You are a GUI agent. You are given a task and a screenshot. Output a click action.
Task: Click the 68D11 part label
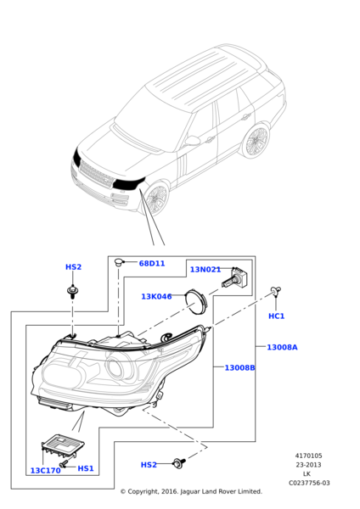(x=152, y=263)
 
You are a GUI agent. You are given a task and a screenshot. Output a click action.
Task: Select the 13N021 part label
(x=205, y=270)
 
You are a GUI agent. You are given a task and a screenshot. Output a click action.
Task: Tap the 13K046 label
(x=156, y=296)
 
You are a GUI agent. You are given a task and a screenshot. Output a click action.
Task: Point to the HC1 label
(x=276, y=316)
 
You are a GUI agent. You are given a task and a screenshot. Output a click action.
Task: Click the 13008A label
(x=282, y=347)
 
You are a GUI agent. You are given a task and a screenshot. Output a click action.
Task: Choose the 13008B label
(x=239, y=367)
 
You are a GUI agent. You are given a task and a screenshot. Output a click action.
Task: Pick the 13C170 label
(x=45, y=470)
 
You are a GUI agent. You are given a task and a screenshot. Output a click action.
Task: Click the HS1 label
(x=86, y=468)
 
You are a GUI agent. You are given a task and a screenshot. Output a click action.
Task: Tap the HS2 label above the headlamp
(x=73, y=267)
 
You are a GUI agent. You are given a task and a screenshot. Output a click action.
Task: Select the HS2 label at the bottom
(x=149, y=465)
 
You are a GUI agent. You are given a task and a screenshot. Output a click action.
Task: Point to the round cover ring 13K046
(x=195, y=300)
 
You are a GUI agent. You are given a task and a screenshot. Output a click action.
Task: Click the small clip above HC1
(x=276, y=291)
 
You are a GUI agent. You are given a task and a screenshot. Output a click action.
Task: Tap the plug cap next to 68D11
(x=119, y=262)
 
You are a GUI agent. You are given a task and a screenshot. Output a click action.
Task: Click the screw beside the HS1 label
(x=65, y=464)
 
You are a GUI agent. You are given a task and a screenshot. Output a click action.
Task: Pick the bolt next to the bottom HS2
(x=179, y=462)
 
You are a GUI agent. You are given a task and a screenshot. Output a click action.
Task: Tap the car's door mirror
(x=193, y=141)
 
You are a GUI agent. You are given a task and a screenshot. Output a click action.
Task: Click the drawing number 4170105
(x=308, y=456)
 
